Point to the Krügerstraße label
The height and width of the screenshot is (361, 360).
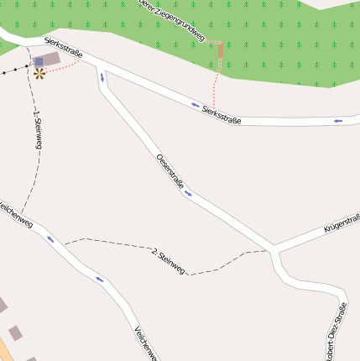pos(342,222)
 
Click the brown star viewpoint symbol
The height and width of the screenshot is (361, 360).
pos(39,73)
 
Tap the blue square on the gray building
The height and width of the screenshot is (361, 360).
pos(39,62)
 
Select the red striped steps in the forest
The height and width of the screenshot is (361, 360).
pos(221,51)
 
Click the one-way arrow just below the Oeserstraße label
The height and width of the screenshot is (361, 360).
pos(187,194)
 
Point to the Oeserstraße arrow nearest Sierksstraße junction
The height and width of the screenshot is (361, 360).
pos(103,78)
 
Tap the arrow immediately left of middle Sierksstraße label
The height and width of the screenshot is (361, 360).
pos(196,106)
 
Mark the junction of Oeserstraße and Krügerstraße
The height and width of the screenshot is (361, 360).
pos(274,249)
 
